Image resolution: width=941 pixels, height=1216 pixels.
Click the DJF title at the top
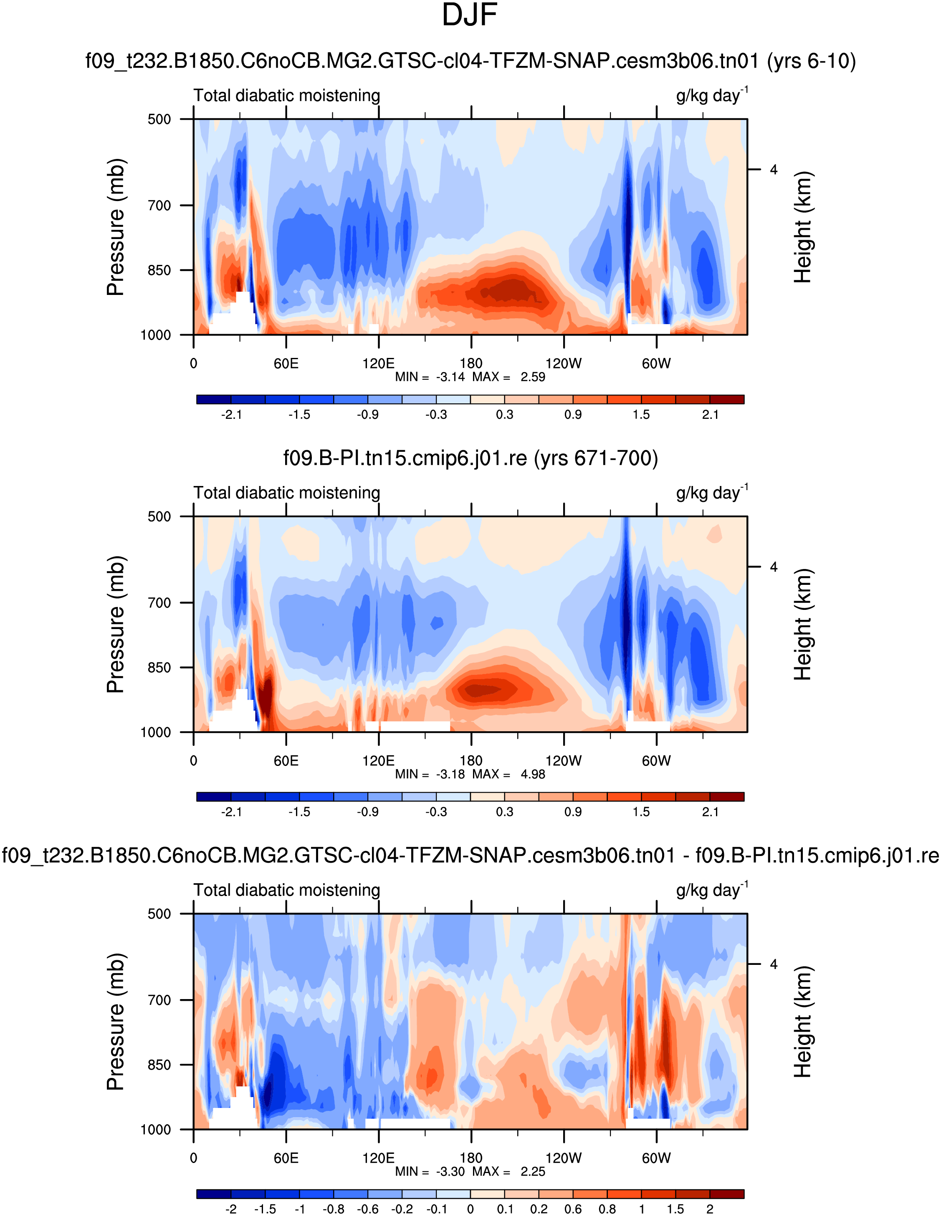click(x=469, y=15)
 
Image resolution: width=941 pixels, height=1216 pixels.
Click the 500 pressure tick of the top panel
click(x=159, y=120)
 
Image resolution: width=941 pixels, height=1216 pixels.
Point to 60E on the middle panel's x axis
click(x=286, y=761)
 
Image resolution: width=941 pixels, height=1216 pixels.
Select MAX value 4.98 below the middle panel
click(x=533, y=775)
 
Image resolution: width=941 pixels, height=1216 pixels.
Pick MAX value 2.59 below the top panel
click(x=533, y=378)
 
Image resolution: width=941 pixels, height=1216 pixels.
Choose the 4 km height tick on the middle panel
click(x=773, y=567)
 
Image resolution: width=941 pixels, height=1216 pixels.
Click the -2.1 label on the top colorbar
click(x=231, y=415)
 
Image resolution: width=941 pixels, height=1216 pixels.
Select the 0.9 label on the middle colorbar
click(x=573, y=812)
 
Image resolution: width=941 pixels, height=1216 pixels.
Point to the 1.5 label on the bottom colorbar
click(x=676, y=1209)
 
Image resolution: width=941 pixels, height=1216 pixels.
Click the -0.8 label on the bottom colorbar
click(x=333, y=1209)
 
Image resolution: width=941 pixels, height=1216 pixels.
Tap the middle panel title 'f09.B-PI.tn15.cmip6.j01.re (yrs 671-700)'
click(x=470, y=458)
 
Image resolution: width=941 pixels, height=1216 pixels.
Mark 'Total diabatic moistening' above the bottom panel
click(x=286, y=890)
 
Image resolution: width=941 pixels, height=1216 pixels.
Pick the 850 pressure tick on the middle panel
click(x=159, y=667)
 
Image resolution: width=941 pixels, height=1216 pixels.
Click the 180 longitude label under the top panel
click(x=471, y=364)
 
